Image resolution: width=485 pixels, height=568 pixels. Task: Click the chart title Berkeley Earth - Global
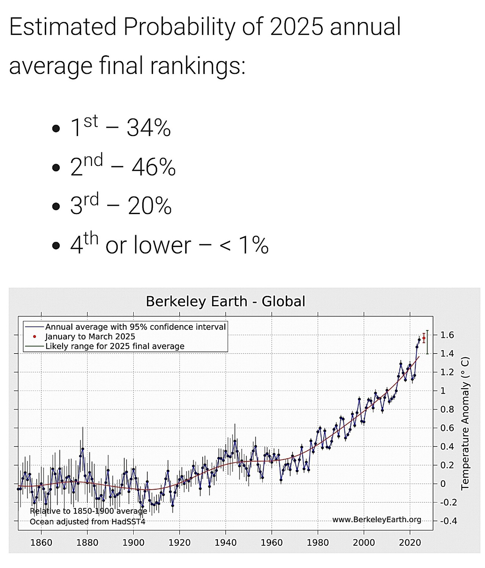(x=225, y=301)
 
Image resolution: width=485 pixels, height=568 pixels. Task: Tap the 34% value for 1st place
(x=149, y=128)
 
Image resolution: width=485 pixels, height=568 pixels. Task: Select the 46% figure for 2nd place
(x=153, y=167)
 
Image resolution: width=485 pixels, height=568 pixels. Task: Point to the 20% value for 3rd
(x=150, y=206)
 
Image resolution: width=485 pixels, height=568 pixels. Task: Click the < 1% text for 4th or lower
(x=244, y=245)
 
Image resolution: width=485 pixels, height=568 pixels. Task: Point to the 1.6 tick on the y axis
(x=447, y=335)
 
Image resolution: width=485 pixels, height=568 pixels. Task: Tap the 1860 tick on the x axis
(x=41, y=543)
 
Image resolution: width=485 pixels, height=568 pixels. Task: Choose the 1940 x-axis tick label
(x=225, y=543)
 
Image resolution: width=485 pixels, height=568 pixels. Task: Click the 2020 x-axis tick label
(x=410, y=543)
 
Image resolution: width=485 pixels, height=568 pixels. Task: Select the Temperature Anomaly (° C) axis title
(x=465, y=424)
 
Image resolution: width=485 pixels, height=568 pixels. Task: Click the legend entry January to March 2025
(x=90, y=336)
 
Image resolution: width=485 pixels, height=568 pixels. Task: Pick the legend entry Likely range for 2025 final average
(x=114, y=346)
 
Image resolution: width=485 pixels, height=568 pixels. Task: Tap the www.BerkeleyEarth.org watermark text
(x=377, y=519)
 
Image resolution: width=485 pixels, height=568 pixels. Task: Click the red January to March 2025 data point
(x=424, y=338)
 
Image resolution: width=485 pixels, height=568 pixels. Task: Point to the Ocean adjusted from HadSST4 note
(x=88, y=521)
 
